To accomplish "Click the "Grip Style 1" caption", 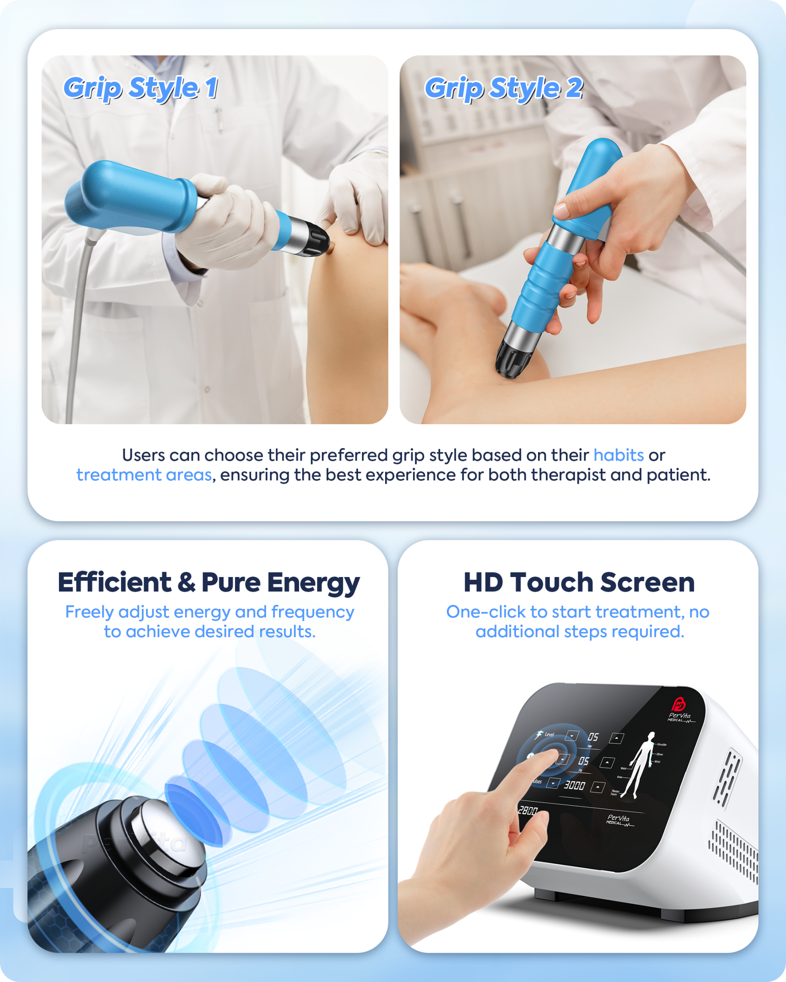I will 140,87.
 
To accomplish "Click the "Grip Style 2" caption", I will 503,87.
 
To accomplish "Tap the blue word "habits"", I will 618,455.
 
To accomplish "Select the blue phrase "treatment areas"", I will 144,474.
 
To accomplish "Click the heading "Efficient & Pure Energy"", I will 209,582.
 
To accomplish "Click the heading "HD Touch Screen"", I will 579,582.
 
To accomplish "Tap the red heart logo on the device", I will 679,704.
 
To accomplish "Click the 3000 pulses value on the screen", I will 574,785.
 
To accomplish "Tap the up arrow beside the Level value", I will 617,738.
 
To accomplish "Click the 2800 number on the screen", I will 528,811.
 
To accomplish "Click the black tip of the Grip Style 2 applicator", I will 513,361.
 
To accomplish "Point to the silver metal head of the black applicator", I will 169,834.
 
